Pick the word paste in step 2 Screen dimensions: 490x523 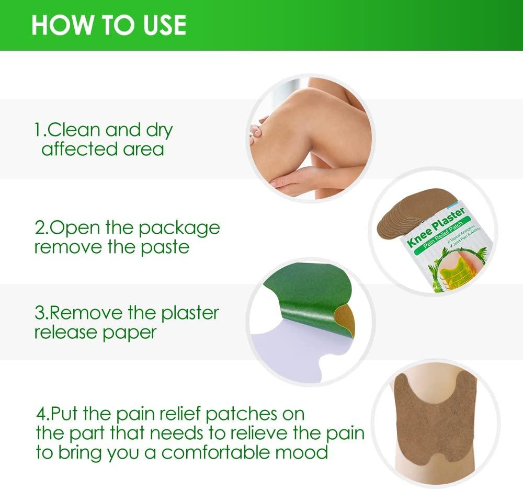[164, 247]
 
